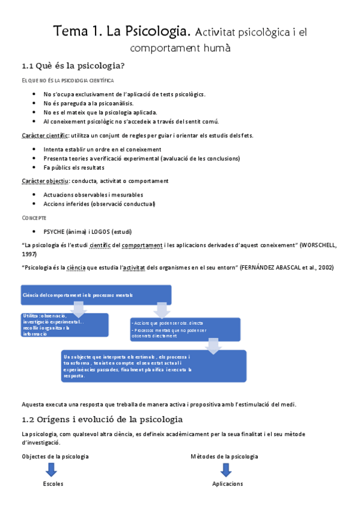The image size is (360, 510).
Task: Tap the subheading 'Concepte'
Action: click(x=34, y=217)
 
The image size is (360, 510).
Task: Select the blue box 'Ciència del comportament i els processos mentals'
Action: click(x=96, y=295)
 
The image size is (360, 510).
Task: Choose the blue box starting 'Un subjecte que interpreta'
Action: click(x=154, y=366)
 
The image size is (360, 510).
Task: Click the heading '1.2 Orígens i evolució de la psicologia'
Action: click(x=102, y=419)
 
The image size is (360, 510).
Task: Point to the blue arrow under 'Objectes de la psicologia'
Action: click(x=52, y=470)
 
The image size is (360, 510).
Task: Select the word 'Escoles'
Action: click(x=53, y=484)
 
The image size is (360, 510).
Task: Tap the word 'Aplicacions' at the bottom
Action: click(x=228, y=484)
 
